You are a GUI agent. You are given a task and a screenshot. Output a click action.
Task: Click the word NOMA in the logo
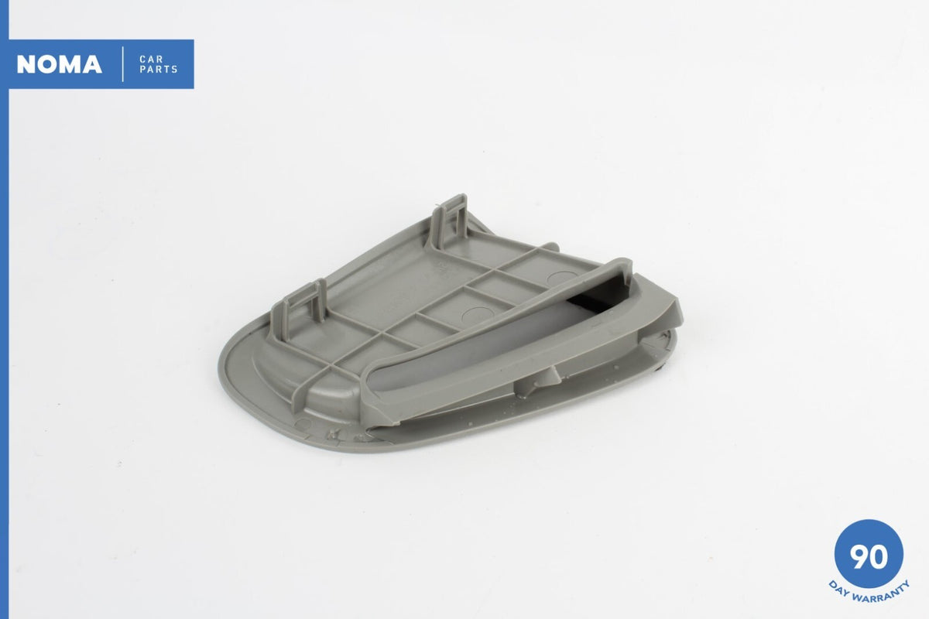60,64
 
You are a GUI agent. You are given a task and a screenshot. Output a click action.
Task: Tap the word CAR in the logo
152,60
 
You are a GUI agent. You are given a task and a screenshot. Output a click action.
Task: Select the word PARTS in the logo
159,69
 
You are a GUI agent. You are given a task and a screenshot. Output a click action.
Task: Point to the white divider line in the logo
123,64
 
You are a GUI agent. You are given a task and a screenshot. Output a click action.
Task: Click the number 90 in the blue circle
869,557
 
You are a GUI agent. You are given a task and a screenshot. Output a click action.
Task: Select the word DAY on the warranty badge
840,587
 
